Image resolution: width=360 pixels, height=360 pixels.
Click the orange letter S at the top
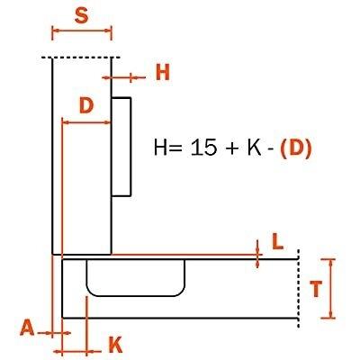(x=82, y=15)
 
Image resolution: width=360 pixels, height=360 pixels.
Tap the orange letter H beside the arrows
(x=163, y=73)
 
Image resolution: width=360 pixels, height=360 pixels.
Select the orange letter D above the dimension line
(x=86, y=105)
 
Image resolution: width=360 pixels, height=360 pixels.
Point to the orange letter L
(x=277, y=242)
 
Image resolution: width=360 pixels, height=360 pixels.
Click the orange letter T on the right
(x=316, y=289)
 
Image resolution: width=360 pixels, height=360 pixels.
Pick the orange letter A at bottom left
(x=27, y=328)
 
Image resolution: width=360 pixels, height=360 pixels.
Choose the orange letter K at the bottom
(x=115, y=345)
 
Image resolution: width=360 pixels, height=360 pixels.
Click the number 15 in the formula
(x=203, y=148)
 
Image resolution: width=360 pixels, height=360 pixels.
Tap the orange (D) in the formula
(x=296, y=148)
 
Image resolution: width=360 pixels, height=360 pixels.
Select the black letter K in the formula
(x=255, y=148)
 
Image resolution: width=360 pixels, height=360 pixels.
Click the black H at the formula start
(x=159, y=148)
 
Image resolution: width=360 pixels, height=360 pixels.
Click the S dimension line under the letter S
(x=82, y=30)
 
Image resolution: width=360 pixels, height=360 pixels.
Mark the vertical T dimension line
(x=331, y=289)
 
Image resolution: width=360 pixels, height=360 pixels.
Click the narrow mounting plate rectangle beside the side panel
(x=121, y=147)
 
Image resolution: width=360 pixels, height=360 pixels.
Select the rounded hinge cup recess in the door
(x=136, y=278)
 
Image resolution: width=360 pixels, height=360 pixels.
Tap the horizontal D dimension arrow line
(x=86, y=122)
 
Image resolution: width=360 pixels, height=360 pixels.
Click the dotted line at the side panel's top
(x=81, y=58)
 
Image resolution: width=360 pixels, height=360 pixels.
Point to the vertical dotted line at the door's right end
(x=298, y=288)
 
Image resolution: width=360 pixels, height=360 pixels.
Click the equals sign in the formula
(x=175, y=148)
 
